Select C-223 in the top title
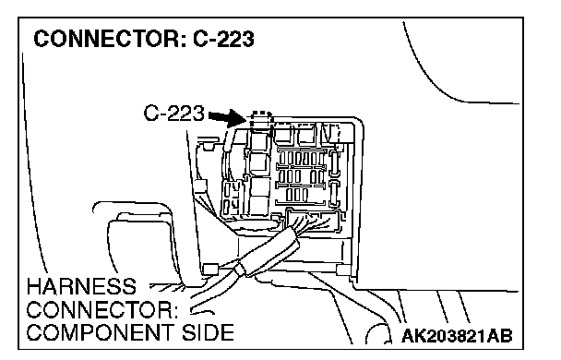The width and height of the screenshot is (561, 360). pos(223,39)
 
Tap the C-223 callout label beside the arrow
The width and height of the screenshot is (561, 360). pos(173,114)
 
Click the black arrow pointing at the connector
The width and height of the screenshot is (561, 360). pos(226,118)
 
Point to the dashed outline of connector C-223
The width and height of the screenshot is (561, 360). pos(260,118)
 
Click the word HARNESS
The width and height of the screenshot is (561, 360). pos(81,287)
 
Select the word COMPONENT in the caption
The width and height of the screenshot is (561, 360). pos(101,332)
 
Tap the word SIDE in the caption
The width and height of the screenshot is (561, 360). pos(208,332)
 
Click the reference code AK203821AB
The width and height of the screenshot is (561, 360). pos(457,336)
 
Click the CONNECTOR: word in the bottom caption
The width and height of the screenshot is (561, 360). pos(102,310)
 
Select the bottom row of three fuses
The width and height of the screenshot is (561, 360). pos(296,195)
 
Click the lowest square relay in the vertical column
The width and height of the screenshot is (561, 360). pos(258,205)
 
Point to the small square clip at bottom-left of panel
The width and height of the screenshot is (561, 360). pos(210,270)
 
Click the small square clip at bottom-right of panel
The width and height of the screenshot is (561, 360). pos(344,270)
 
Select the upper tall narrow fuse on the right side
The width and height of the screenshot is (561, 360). pos(334,163)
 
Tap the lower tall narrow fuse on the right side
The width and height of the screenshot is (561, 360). pos(334,194)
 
